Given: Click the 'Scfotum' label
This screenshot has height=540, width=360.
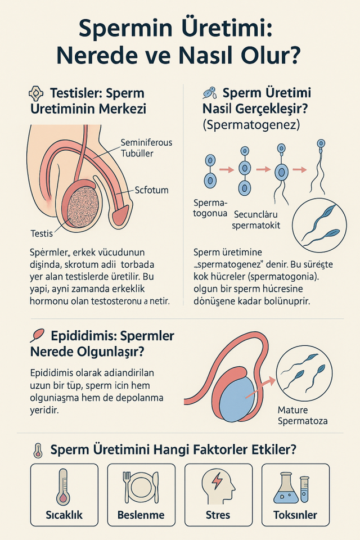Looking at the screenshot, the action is (151, 190).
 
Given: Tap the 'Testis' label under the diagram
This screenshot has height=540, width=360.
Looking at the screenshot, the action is (42, 233).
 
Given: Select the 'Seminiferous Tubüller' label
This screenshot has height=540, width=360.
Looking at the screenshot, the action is (146, 148).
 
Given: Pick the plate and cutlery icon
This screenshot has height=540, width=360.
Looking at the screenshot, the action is (141, 487).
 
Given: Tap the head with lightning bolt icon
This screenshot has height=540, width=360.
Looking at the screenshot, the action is (218, 485).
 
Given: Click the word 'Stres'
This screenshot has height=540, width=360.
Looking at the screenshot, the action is (218, 515).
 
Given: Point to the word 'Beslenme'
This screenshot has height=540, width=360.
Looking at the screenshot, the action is (141, 515).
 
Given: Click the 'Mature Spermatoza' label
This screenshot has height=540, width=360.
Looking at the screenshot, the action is (303, 415).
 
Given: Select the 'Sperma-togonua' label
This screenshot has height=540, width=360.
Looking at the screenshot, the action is (210, 208).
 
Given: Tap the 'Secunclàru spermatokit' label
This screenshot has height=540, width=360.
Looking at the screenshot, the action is (256, 220).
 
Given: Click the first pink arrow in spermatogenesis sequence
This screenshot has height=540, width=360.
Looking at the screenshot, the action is (226, 169).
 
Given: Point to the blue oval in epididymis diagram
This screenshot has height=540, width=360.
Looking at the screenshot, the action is (236, 399).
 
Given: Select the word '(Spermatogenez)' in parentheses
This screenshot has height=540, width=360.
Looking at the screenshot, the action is (251, 124).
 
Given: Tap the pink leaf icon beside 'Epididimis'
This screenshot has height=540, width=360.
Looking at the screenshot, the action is (38, 335).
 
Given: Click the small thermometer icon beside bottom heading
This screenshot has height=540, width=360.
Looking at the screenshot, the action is (38, 451).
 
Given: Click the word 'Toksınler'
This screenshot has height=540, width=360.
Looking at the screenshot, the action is (295, 515).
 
